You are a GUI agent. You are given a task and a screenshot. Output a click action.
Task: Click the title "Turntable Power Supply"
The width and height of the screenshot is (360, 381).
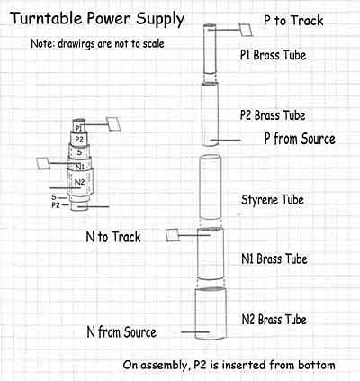click(x=97, y=20)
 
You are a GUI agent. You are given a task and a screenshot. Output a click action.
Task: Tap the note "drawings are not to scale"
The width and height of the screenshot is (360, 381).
click(x=112, y=44)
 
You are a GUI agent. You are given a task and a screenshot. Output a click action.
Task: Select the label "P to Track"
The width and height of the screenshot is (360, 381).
click(x=293, y=21)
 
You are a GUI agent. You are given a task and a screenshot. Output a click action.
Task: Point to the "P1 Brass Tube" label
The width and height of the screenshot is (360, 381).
click(x=273, y=55)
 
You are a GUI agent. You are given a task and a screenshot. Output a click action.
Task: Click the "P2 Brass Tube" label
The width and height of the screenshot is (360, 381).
click(x=273, y=115)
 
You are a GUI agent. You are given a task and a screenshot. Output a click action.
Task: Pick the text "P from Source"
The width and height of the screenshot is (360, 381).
click(x=300, y=139)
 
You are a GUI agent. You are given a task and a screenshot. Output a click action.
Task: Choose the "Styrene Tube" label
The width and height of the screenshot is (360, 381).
click(x=273, y=200)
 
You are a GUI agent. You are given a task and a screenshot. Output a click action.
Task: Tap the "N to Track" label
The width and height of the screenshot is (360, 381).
click(x=113, y=237)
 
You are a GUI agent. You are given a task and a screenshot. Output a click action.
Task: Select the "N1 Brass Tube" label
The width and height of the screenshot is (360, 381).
click(x=274, y=259)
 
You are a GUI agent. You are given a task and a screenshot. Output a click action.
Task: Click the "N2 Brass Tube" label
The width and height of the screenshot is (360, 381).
click(x=274, y=320)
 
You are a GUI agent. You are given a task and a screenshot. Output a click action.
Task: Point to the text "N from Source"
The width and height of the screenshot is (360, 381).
click(x=121, y=332)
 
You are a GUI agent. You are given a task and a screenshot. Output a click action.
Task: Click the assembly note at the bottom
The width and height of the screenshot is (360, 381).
click(x=229, y=366)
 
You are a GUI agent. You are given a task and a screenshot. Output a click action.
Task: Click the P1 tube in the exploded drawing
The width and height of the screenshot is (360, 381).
click(x=210, y=49)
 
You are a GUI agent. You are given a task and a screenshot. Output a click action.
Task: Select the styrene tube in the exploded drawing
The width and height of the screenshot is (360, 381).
click(x=211, y=186)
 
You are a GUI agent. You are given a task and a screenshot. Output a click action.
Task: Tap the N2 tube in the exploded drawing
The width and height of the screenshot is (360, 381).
click(x=211, y=313)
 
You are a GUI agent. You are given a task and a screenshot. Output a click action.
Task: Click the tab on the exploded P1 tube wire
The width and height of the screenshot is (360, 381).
click(x=246, y=30)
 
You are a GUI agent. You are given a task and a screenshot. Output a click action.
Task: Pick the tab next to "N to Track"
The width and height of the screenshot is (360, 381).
click(x=173, y=235)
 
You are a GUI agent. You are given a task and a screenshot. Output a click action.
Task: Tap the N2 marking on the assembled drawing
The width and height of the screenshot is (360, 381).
click(x=79, y=182)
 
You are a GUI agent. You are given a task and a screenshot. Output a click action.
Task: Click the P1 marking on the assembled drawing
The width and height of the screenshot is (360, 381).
click(x=78, y=128)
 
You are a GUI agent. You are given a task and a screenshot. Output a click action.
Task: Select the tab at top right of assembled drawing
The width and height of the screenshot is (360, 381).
click(x=113, y=123)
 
